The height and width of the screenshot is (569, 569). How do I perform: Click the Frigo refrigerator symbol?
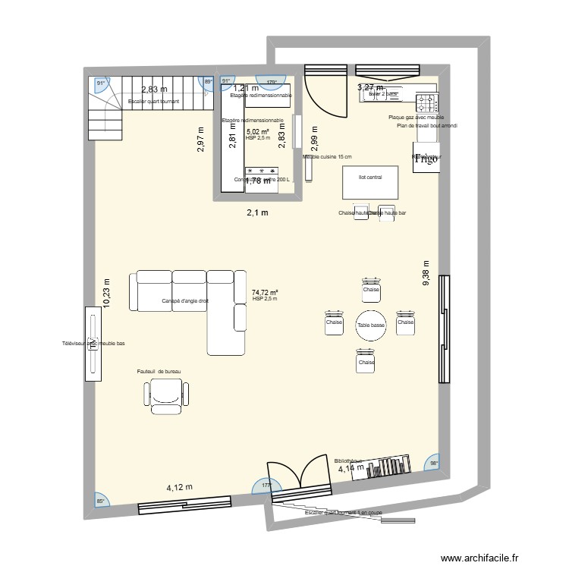[x=426, y=157]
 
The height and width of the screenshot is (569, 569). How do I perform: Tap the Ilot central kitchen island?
[x=369, y=182]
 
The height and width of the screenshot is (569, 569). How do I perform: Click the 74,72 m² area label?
[x=265, y=292]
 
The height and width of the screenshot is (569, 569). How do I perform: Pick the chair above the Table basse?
[x=371, y=288]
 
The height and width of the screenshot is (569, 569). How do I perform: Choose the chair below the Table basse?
[x=366, y=360]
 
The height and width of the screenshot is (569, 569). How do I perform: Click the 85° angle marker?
[x=100, y=500]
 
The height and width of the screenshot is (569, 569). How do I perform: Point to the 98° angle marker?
[x=434, y=464]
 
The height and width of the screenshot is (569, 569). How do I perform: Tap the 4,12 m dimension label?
[x=180, y=487]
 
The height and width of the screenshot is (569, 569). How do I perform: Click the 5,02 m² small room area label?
[x=258, y=132]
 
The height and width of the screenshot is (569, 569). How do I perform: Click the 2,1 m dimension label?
[x=257, y=213]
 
